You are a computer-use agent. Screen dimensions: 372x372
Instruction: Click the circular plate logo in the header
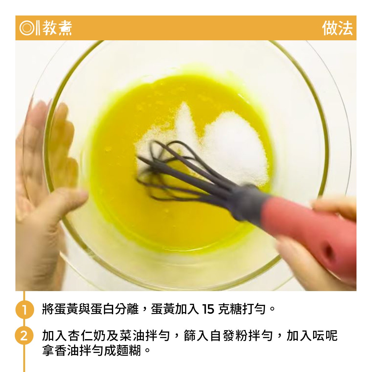[26, 28]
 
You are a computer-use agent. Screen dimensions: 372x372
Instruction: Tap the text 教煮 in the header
[57, 28]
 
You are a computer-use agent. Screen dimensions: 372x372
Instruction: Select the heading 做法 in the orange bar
[337, 28]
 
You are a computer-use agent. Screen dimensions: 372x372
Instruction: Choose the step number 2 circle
[24, 336]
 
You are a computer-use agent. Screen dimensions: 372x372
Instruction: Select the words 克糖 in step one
[230, 309]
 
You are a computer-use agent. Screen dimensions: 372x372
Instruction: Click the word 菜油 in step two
[131, 335]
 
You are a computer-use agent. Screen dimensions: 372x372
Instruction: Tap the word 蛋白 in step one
[102, 309]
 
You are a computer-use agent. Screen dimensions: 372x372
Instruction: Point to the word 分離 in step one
[126, 309]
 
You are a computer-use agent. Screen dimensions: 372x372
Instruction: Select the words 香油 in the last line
[67, 351]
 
